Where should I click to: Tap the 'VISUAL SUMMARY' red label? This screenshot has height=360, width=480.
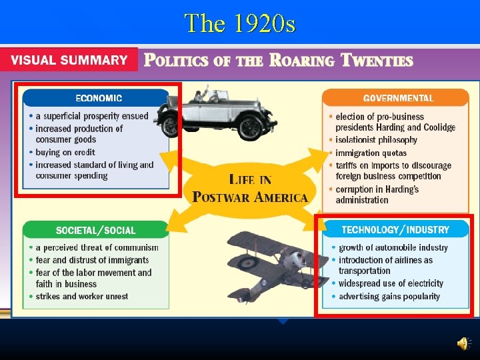pos(69,60)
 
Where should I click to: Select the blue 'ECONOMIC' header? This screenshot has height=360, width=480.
pos(99,98)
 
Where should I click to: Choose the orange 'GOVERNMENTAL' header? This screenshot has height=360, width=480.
pos(398,98)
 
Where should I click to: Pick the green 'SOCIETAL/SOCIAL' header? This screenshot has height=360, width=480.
pos(95,231)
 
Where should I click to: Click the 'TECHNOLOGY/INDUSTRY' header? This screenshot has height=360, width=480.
pos(395,230)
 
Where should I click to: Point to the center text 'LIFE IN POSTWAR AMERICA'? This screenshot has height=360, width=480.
pos(250,189)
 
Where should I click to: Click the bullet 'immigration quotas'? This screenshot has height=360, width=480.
pos(371,153)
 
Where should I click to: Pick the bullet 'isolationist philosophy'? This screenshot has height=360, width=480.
pos(376,140)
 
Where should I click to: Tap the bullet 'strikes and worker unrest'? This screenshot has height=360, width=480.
pos(81,297)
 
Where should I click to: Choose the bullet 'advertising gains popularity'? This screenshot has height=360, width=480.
pos(389,297)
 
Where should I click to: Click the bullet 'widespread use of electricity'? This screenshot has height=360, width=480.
pos(391,283)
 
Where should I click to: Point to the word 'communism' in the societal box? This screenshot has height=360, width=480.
pos(137,248)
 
